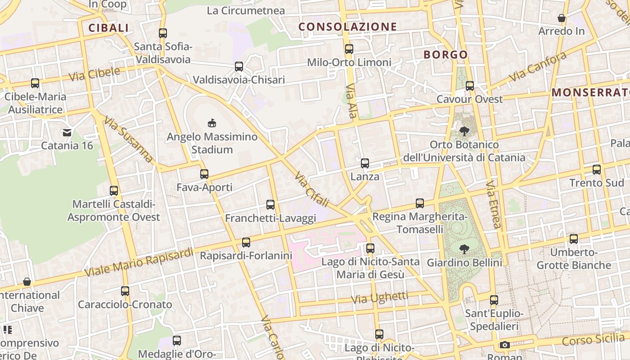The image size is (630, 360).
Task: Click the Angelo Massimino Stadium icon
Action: (211, 123)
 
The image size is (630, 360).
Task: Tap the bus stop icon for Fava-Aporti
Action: (204, 174)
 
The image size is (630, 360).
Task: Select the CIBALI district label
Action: (108, 28)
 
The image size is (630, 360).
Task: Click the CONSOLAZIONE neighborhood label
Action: (348, 27)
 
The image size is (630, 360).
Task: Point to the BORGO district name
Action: (445, 55)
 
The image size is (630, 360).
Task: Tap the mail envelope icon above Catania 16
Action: (67, 132)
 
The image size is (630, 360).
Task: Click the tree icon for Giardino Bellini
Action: (464, 249)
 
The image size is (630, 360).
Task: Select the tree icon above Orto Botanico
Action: (464, 131)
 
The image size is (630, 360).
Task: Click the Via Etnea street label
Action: (494, 204)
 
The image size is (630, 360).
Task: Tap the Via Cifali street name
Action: (312, 189)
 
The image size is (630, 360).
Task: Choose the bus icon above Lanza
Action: (365, 163)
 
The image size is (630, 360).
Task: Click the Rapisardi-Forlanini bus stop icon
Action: (246, 243)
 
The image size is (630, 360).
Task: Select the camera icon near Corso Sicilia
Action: (504, 345)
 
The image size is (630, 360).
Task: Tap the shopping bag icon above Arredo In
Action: (562, 18)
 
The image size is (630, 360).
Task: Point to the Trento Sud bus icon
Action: (597, 170)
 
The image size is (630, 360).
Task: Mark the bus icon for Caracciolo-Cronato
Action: (125, 291)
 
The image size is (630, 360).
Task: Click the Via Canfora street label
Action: (538, 67)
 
